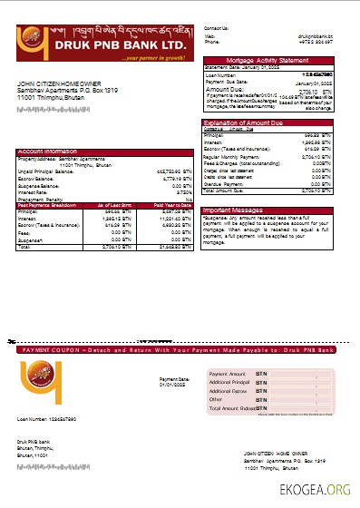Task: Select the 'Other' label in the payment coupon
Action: (x=216, y=399)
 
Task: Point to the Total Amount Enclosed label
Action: (x=232, y=408)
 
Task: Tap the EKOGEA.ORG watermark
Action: (x=321, y=491)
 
